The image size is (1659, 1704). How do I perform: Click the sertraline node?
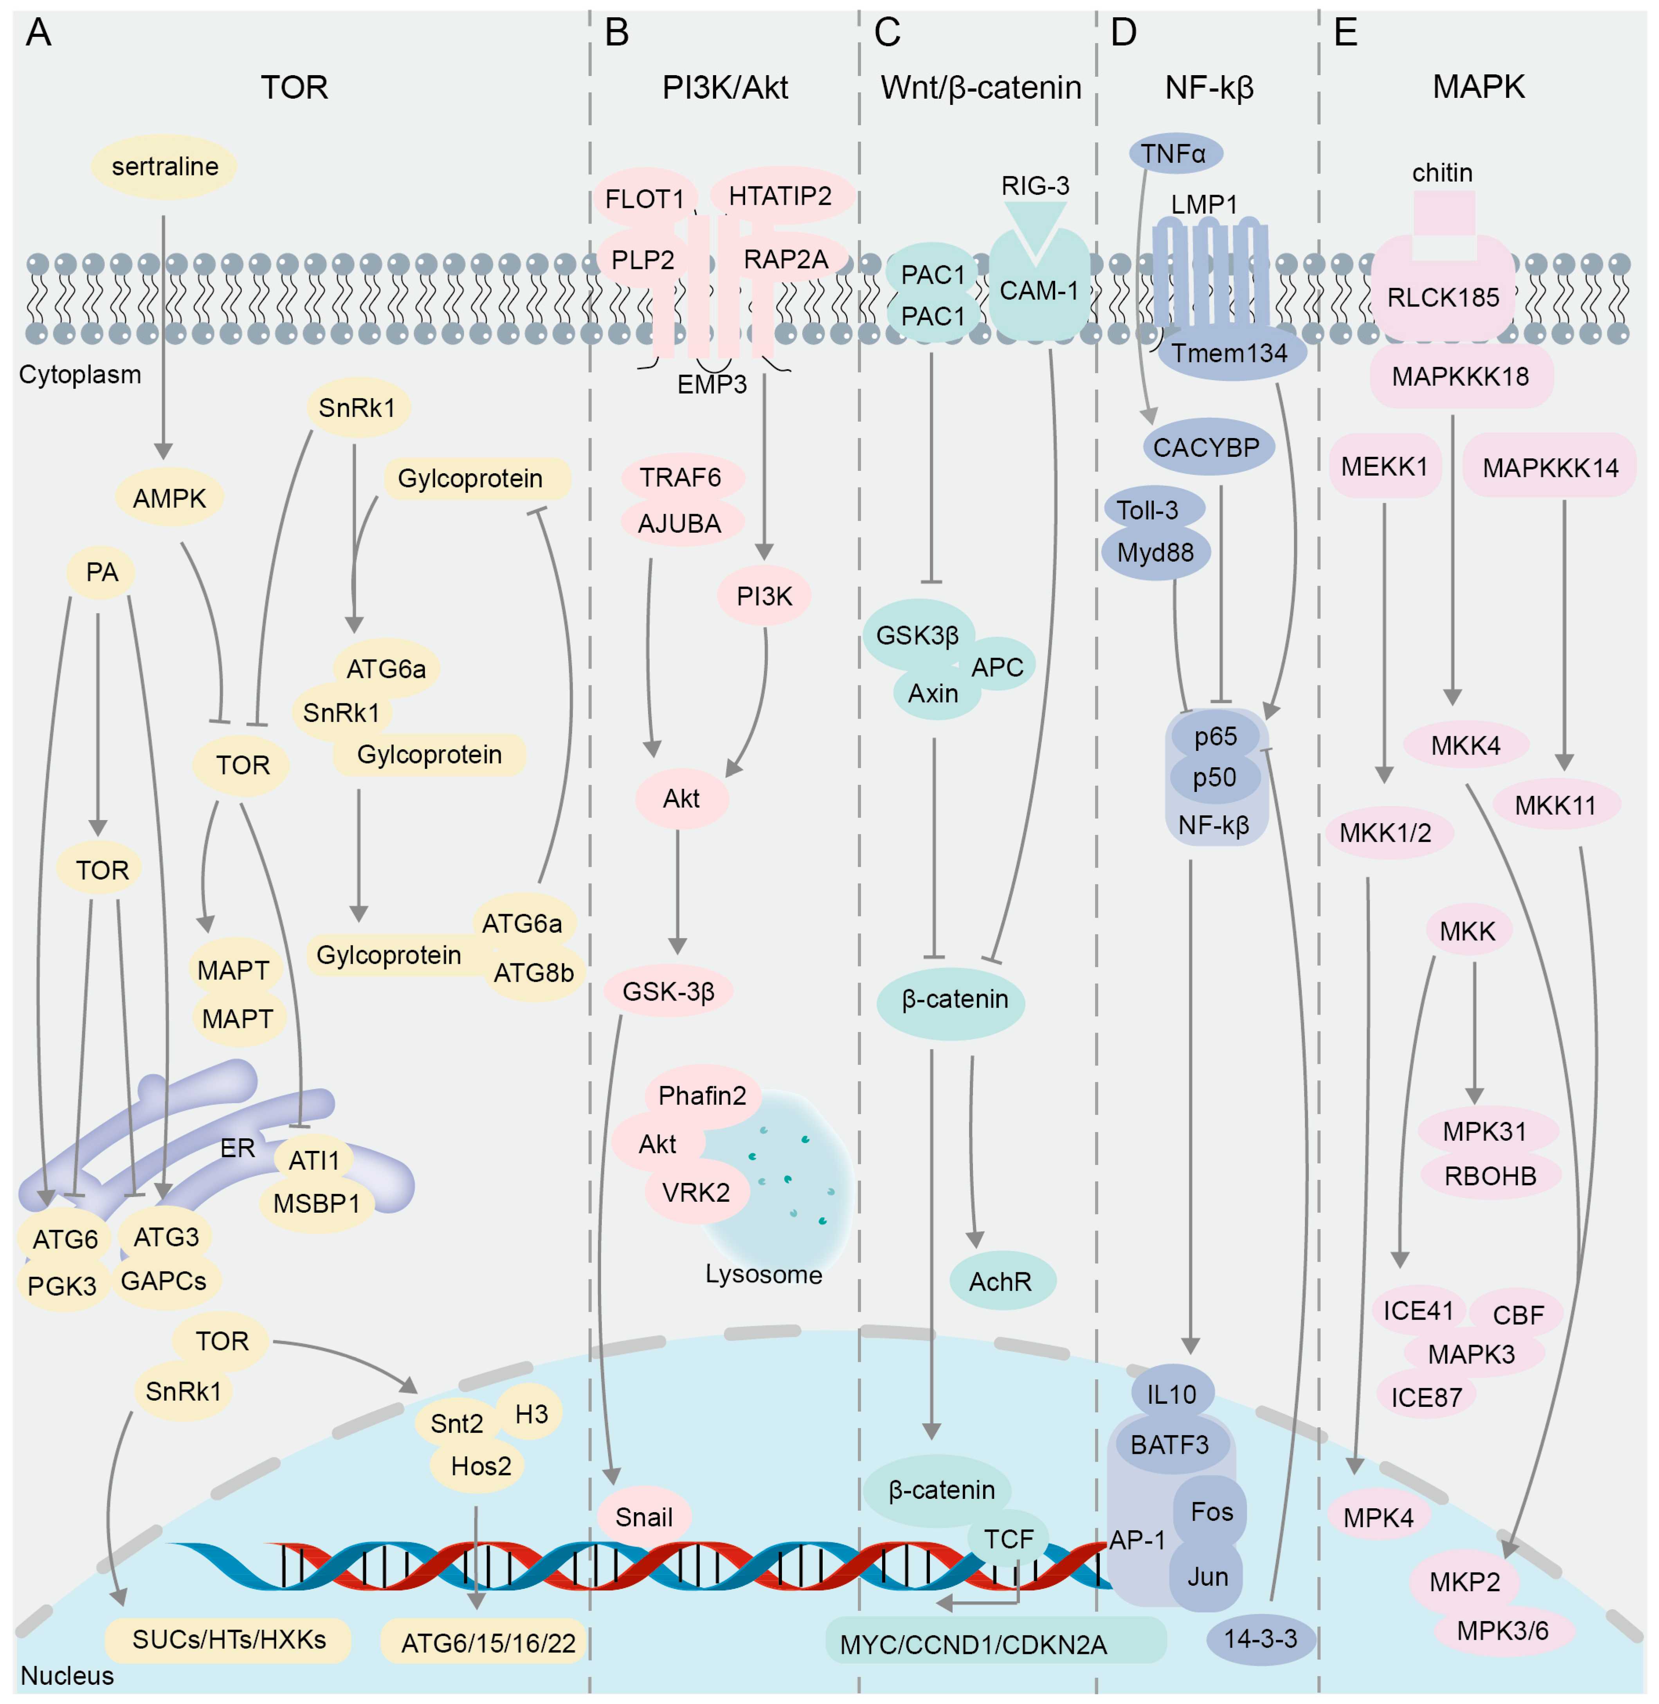(x=165, y=166)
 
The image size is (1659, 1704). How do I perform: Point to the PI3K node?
(x=764, y=596)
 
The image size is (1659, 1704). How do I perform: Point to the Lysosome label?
(x=763, y=1274)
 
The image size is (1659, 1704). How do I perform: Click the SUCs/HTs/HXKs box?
(x=228, y=1639)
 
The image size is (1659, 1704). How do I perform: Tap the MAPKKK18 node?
(x=1460, y=377)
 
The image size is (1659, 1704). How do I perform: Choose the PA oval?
(x=102, y=573)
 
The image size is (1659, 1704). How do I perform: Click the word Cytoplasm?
(x=80, y=375)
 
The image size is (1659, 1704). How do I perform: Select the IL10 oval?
(x=1172, y=1395)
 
